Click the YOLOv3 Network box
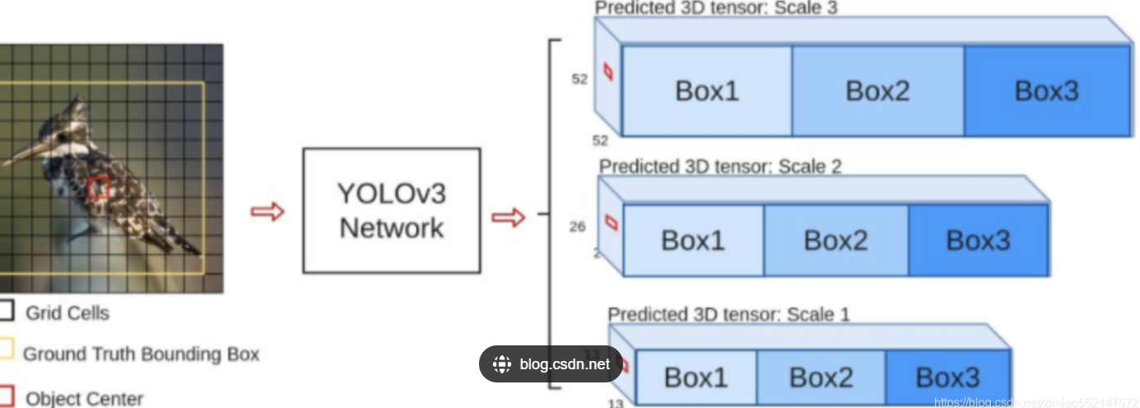[391, 210]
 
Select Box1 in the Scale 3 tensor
[706, 91]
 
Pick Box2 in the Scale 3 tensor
[877, 91]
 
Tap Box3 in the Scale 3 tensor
[1046, 91]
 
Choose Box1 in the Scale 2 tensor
[693, 240]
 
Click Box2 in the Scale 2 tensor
[835, 240]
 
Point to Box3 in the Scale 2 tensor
[978, 240]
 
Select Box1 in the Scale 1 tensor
[696, 378]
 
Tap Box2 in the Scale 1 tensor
[821, 378]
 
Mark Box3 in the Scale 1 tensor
[947, 378]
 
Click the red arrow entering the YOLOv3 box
[268, 212]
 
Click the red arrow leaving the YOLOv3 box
[508, 218]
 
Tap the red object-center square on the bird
[99, 188]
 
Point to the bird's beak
[21, 154]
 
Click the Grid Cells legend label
[67, 313]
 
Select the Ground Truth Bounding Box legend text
[141, 354]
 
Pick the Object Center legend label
[84, 399]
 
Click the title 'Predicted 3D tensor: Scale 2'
[720, 166]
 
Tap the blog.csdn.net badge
[551, 364]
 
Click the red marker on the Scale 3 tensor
[608, 73]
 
